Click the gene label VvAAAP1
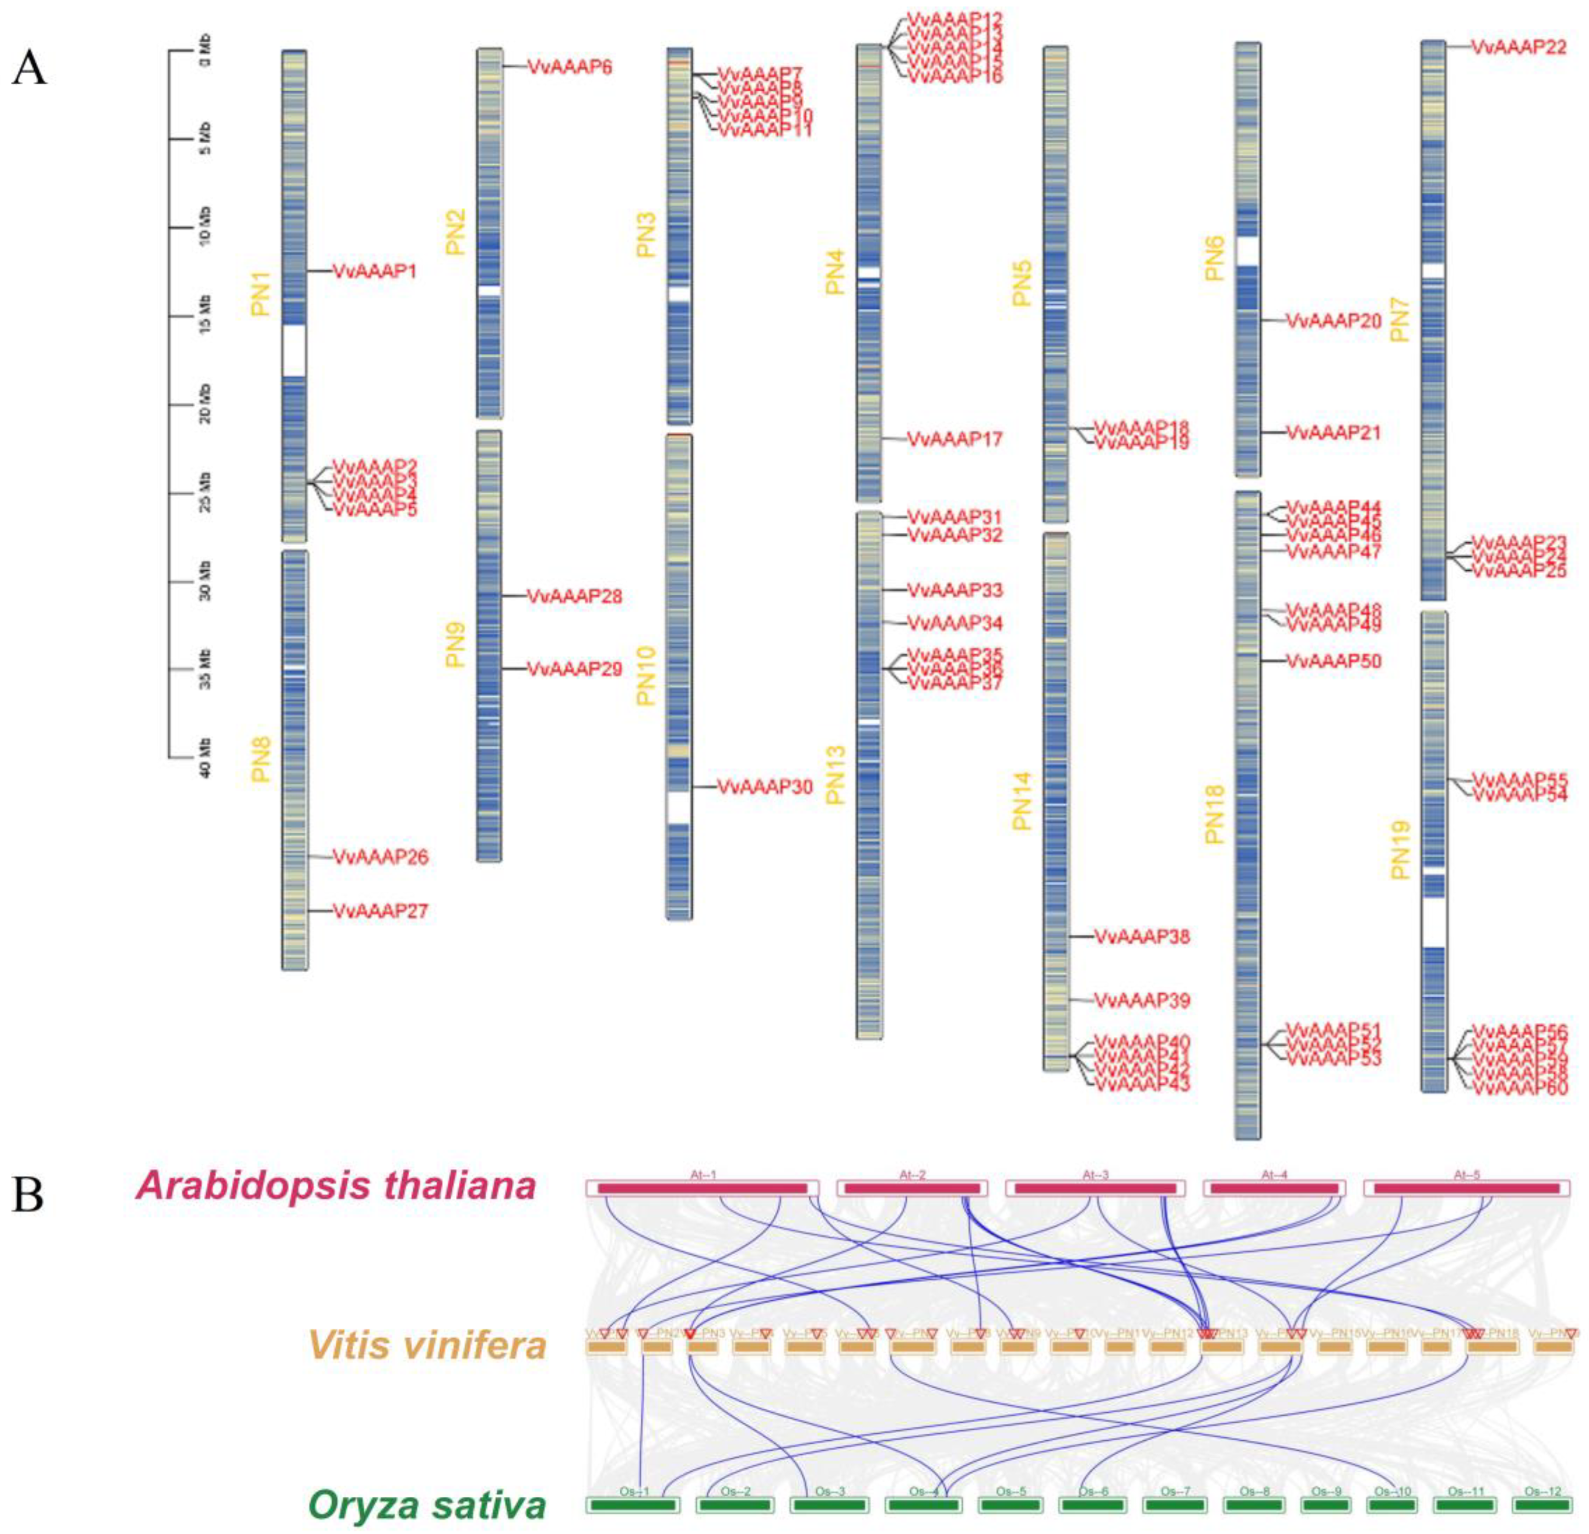(375, 271)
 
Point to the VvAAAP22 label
(1518, 48)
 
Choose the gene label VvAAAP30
(765, 787)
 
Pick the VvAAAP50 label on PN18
(1334, 661)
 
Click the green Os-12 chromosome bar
(1543, 1505)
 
